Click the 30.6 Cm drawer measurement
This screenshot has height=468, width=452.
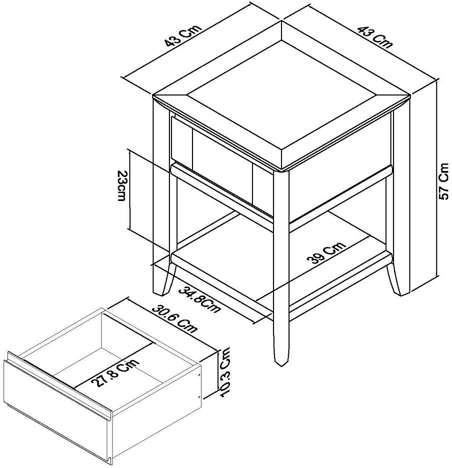[175, 319]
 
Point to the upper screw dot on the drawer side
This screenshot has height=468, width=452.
[199, 373]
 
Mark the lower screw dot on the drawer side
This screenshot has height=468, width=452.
[199, 396]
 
